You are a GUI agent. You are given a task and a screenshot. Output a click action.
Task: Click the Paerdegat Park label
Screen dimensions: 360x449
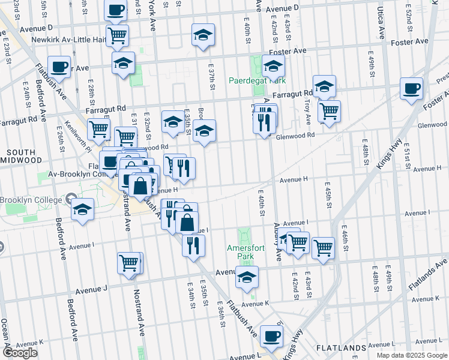tap(256, 80)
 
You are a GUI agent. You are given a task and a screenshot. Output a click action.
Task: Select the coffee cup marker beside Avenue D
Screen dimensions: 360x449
tap(116, 9)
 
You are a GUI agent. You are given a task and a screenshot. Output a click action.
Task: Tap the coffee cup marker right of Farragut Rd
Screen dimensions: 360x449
tap(412, 89)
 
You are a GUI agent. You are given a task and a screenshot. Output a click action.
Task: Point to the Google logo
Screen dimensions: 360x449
tap(19, 353)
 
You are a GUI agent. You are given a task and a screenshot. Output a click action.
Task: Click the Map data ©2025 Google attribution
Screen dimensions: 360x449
tap(411, 355)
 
